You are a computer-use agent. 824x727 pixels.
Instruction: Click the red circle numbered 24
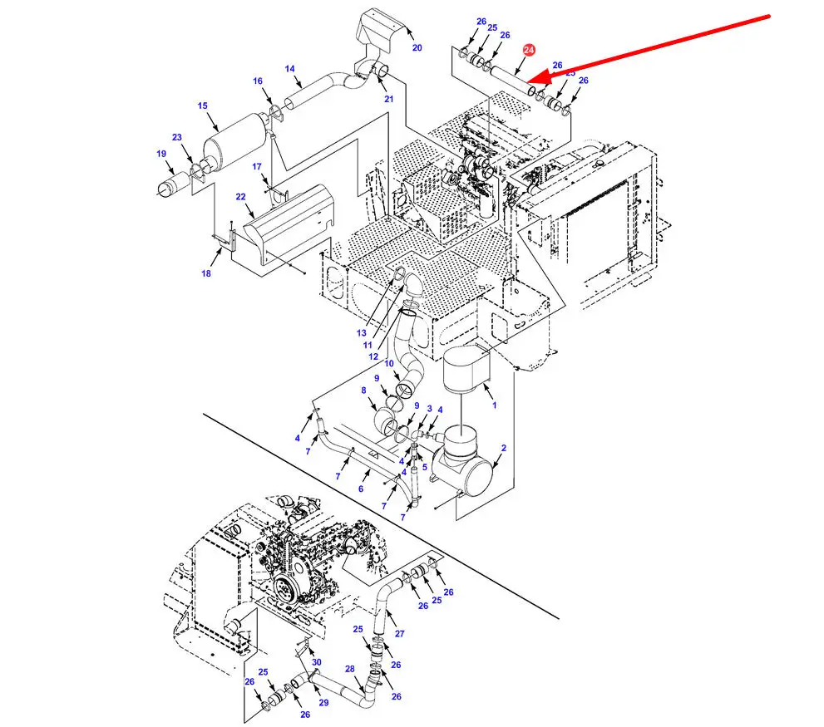[527, 51]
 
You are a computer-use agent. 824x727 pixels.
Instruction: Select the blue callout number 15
[202, 106]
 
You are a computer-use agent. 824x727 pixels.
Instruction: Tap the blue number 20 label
[417, 48]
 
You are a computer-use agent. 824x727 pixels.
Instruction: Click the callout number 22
[240, 197]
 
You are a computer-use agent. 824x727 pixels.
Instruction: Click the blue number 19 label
[161, 154]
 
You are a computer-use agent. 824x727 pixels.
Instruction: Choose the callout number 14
[289, 69]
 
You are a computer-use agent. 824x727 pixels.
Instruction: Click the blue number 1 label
[495, 405]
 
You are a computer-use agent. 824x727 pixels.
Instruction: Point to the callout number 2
[503, 449]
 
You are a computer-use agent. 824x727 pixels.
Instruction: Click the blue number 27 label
[399, 634]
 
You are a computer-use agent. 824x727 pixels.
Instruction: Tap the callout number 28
[349, 669]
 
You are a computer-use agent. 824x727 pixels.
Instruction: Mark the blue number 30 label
[316, 662]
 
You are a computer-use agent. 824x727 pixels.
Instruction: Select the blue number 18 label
[206, 273]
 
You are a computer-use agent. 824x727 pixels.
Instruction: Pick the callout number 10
[389, 363]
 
